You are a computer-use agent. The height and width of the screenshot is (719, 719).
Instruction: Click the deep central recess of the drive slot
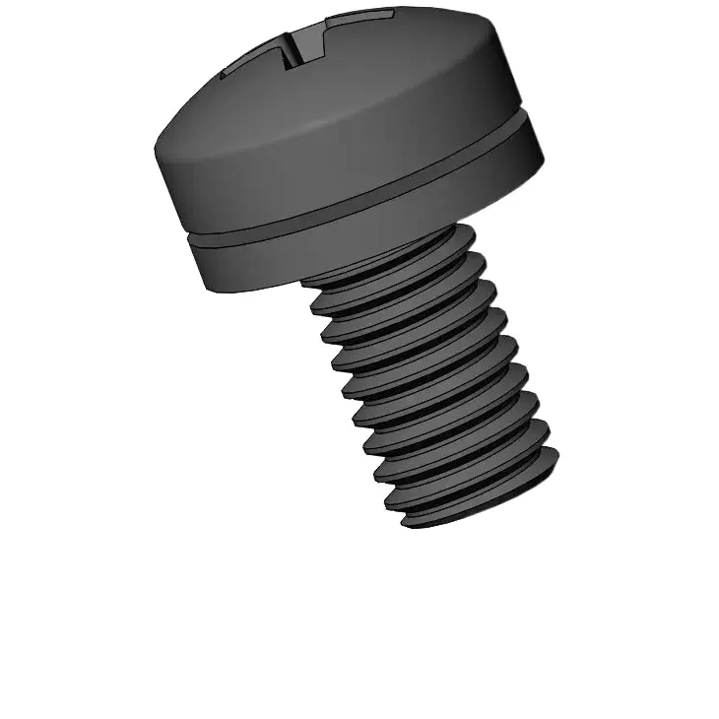[294, 50]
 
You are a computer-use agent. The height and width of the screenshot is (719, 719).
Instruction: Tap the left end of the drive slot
[222, 75]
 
